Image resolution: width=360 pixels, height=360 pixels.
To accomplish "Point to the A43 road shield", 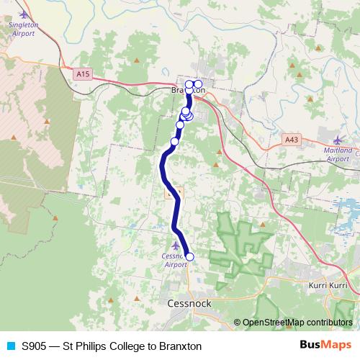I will (291, 139).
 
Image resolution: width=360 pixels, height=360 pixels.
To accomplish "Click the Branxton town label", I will (189, 91).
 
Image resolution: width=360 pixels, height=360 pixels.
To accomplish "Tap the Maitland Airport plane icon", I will (338, 139).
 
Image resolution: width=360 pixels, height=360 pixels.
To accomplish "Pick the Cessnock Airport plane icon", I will (176, 246).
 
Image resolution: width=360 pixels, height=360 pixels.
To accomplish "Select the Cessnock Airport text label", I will (176, 260).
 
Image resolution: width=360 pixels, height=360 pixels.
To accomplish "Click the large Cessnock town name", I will (189, 303).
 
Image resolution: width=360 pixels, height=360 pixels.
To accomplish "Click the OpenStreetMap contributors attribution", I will (293, 322).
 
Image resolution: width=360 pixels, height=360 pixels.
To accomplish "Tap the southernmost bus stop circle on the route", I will (190, 256).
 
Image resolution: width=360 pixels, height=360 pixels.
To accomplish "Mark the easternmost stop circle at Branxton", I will (198, 84).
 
